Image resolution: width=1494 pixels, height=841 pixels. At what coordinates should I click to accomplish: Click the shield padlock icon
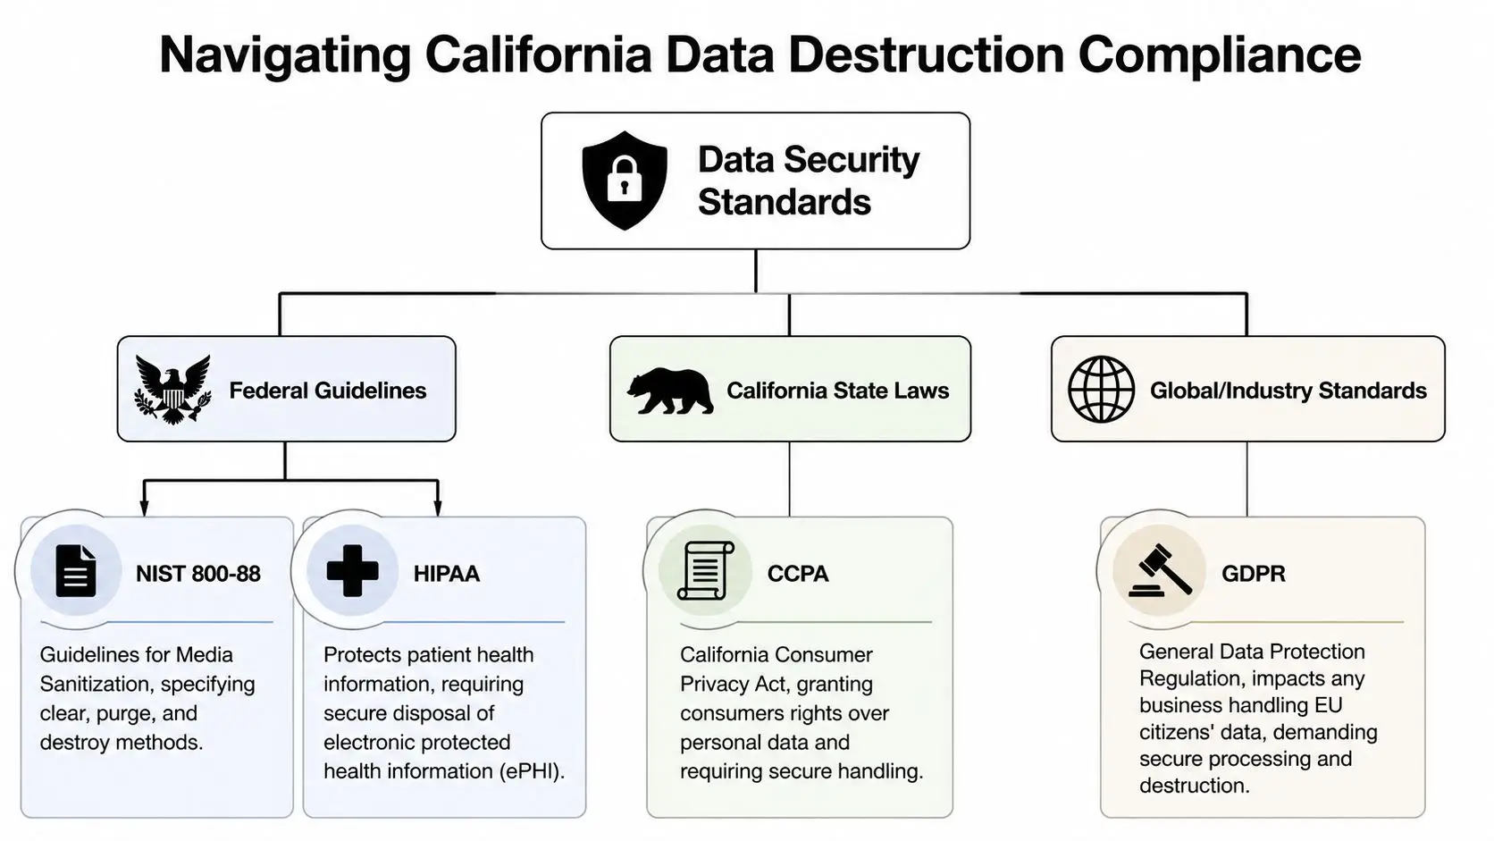624,181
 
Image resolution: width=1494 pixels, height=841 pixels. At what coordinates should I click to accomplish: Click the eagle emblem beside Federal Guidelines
172,389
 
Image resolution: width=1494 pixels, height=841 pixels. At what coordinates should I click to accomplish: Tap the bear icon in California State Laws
669,391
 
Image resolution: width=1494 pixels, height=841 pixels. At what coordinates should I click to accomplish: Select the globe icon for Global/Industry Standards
1101,390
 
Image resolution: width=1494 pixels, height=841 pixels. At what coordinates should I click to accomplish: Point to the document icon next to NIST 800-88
76,571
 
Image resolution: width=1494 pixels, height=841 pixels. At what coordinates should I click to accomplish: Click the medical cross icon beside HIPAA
352,571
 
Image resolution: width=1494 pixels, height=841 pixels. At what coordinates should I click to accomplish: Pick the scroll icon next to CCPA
705,571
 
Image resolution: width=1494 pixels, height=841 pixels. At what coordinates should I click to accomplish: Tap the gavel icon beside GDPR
1160,571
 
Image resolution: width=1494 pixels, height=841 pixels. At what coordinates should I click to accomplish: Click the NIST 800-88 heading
197,574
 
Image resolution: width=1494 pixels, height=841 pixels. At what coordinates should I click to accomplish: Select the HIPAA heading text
446,574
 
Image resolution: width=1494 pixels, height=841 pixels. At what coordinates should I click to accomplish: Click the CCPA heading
797,574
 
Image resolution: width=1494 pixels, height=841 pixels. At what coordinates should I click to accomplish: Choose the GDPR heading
1253,574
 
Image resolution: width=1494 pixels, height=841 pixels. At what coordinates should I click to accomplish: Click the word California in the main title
538,55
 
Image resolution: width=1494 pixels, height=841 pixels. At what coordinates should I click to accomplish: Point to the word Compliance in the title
1219,55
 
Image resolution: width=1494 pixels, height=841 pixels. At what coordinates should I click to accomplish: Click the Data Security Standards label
808,181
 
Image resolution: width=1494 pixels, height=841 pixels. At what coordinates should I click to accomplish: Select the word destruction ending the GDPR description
1193,786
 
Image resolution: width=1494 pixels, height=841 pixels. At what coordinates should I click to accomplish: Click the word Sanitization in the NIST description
89,685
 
